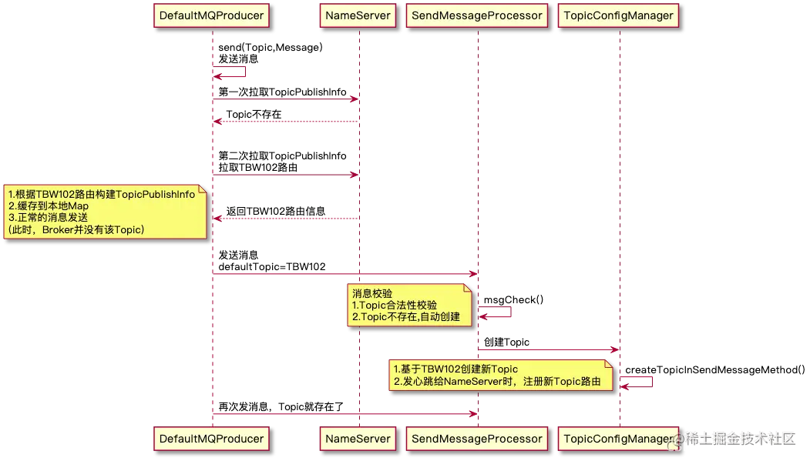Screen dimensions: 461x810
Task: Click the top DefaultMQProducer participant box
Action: click(x=211, y=15)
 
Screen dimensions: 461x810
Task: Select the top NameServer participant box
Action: click(x=358, y=15)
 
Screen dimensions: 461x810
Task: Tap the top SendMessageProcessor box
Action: click(x=477, y=15)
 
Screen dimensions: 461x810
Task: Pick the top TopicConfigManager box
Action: click(x=619, y=15)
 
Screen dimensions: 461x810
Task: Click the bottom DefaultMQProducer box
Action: click(x=211, y=439)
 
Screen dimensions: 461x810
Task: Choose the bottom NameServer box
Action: click(x=358, y=439)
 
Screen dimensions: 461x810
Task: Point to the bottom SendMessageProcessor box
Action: click(x=477, y=439)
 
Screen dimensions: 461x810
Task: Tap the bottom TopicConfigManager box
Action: click(x=619, y=439)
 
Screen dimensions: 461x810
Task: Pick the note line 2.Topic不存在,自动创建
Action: click(x=405, y=317)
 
